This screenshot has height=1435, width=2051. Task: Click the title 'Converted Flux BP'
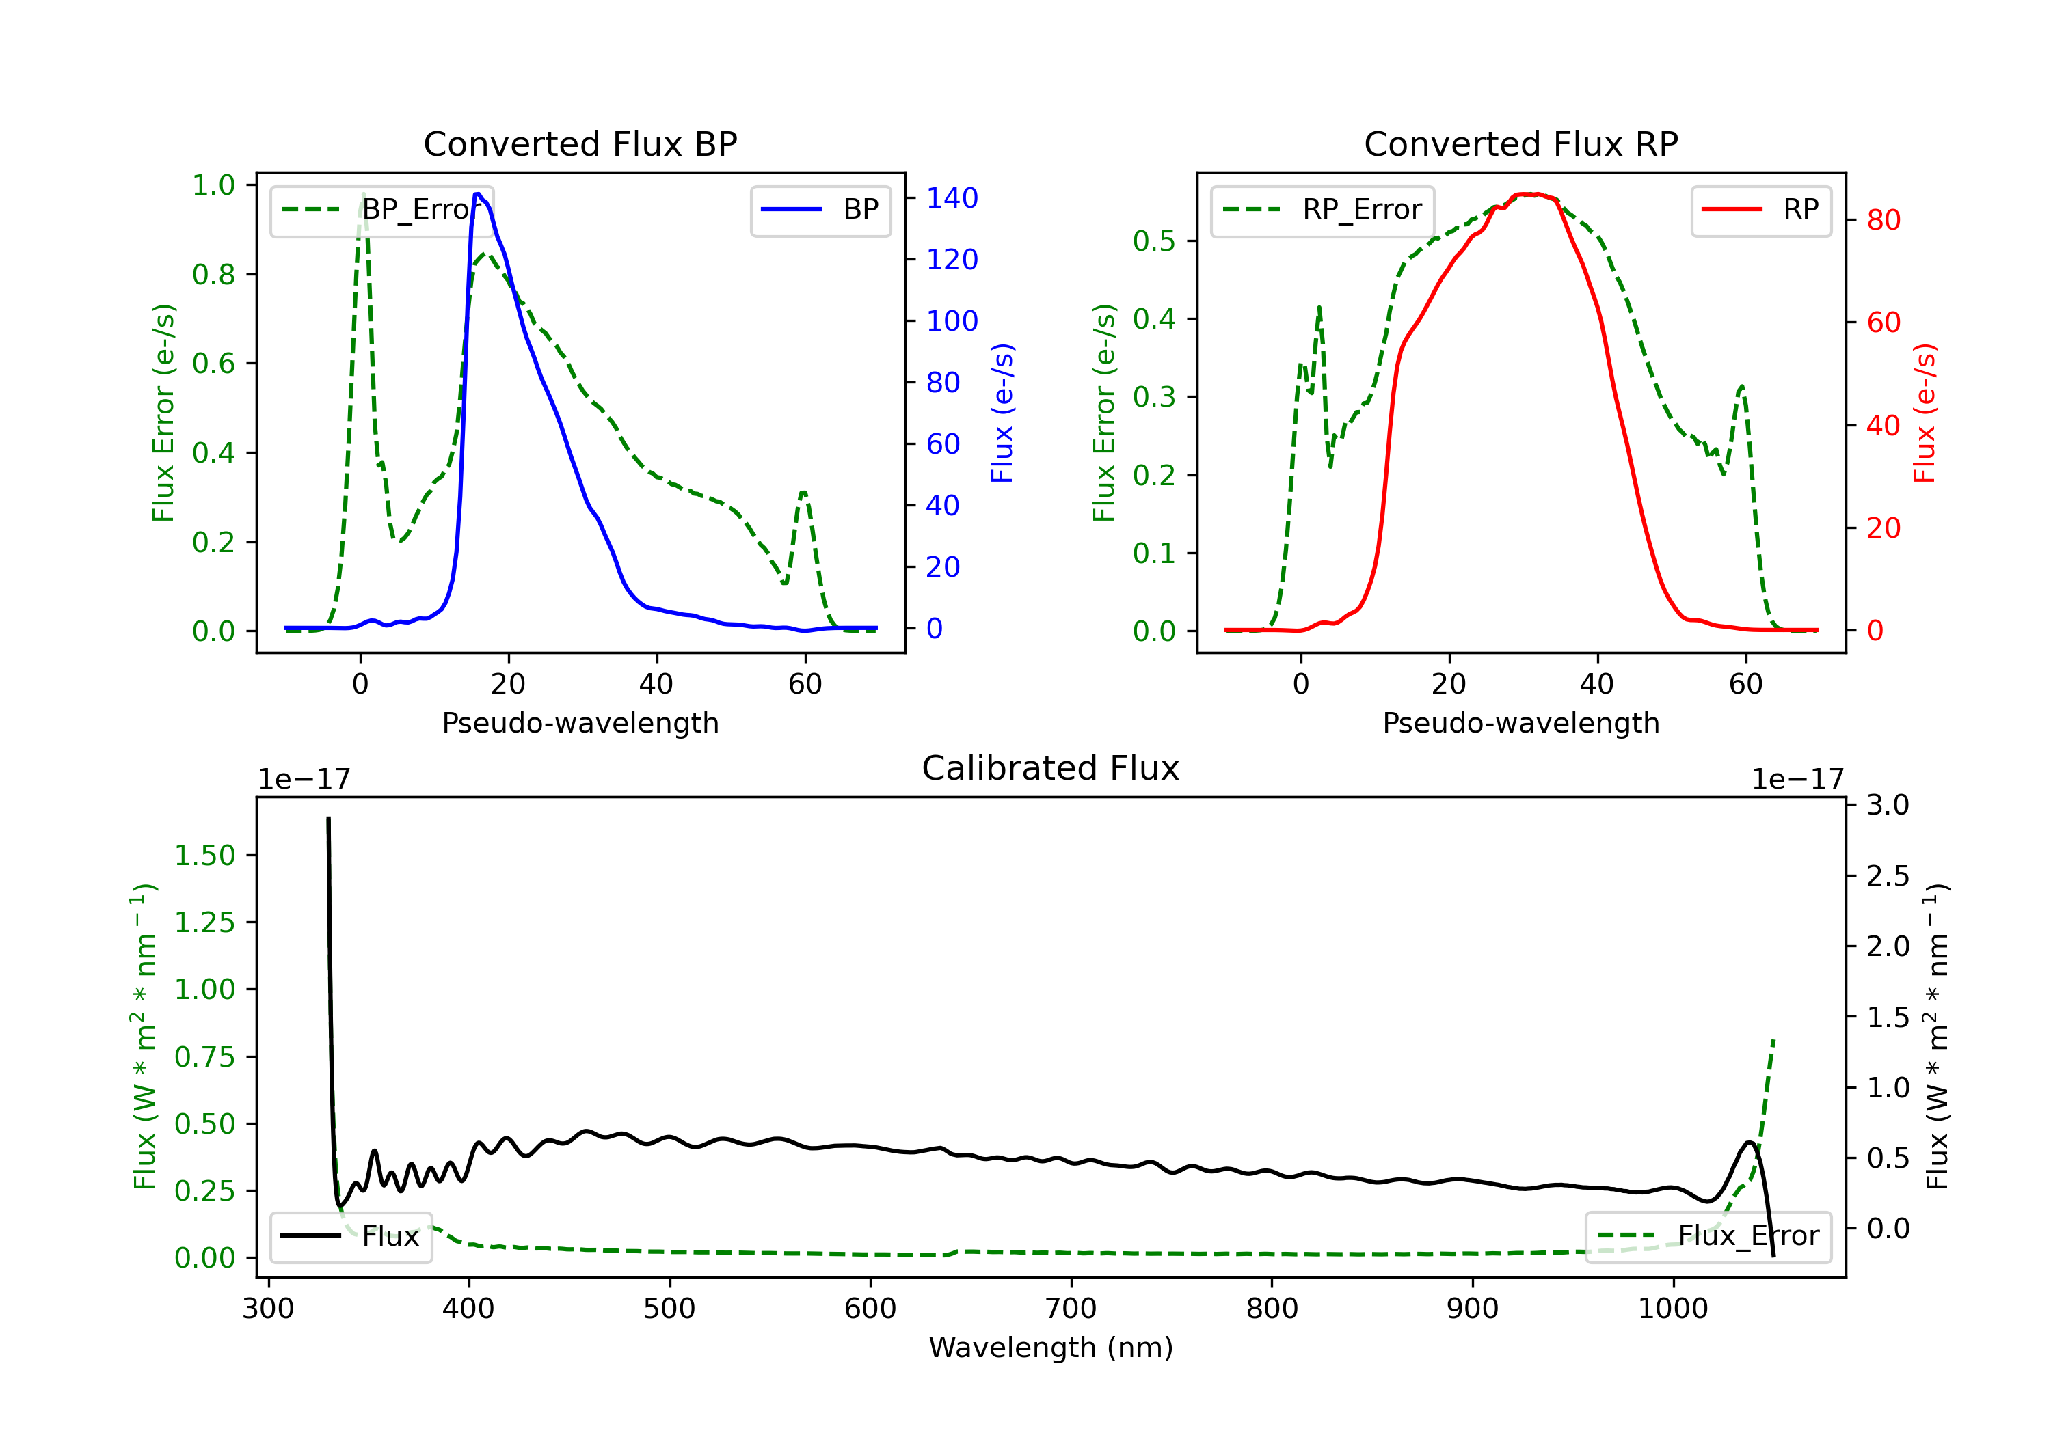(580, 143)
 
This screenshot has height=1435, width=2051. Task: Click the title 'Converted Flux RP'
(1520, 143)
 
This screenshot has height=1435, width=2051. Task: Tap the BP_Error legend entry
(381, 210)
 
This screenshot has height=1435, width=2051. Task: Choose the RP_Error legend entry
(1322, 210)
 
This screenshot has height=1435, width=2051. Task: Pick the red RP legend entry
(1760, 210)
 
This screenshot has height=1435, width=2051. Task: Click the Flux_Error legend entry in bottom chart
(1708, 1236)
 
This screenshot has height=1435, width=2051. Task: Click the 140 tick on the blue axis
(952, 198)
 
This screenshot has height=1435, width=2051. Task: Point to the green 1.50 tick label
(204, 856)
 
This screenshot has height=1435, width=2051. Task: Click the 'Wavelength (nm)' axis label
(1051, 1348)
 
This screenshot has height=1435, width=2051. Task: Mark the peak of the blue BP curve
(478, 194)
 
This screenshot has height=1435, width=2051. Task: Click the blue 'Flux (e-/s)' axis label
(1002, 413)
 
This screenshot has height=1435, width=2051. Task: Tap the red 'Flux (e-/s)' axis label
(1924, 413)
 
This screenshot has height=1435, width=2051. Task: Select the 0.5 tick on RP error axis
(1154, 241)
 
